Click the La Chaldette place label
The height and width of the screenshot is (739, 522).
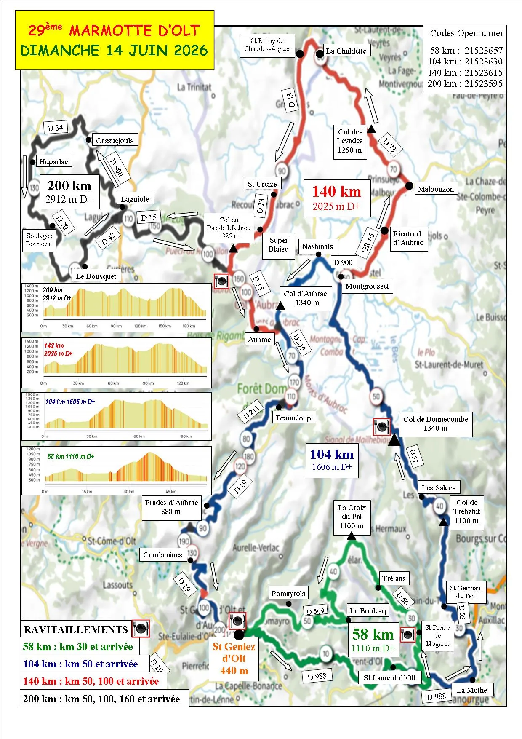click(346, 51)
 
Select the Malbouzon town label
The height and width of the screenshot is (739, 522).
click(436, 189)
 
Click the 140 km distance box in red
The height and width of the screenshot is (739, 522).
click(337, 198)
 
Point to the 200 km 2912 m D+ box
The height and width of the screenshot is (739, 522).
click(69, 192)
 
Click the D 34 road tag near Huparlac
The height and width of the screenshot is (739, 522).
click(55, 128)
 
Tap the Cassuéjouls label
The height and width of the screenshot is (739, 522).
click(115, 140)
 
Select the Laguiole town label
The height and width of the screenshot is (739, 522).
click(135, 199)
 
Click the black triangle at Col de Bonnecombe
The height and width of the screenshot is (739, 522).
click(394, 441)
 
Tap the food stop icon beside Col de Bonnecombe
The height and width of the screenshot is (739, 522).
click(382, 427)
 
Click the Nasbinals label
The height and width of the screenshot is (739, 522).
click(317, 246)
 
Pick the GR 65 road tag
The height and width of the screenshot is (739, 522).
click(368, 243)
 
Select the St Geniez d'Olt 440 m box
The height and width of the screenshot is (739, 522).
click(234, 658)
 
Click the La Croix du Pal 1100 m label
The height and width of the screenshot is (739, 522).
click(352, 517)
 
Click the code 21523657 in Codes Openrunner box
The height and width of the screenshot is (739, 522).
click(483, 50)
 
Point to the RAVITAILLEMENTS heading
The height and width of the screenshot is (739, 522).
click(76, 629)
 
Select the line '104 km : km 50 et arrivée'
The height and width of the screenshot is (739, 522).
click(80, 664)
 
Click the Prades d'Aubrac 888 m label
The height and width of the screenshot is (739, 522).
click(171, 507)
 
